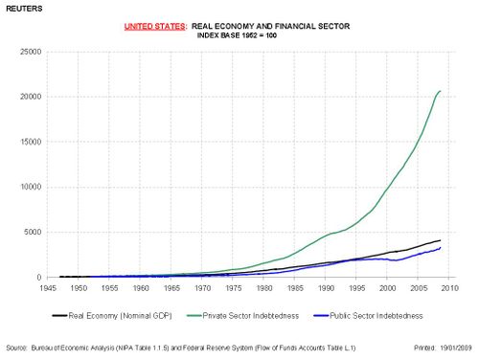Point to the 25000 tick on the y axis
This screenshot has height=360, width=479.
coord(24,52)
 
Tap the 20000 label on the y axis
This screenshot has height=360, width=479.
coord(24,97)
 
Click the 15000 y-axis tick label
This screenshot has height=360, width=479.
coord(24,142)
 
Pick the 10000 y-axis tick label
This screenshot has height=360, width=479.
coord(24,187)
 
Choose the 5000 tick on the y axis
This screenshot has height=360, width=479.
coord(26,232)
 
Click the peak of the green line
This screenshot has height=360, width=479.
coord(440,91)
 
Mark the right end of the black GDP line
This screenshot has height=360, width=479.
coord(440,240)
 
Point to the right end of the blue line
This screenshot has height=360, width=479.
coord(440,248)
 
